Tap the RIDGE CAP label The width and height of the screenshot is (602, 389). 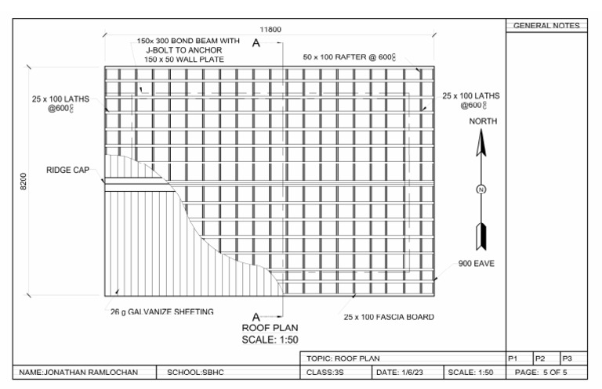68,170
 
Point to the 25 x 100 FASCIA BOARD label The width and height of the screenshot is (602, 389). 389,317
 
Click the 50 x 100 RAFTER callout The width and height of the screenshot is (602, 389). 360,57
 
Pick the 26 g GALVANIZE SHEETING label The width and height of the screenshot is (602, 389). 161,312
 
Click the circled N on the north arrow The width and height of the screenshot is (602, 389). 482,189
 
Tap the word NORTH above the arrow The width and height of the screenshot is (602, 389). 482,122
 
